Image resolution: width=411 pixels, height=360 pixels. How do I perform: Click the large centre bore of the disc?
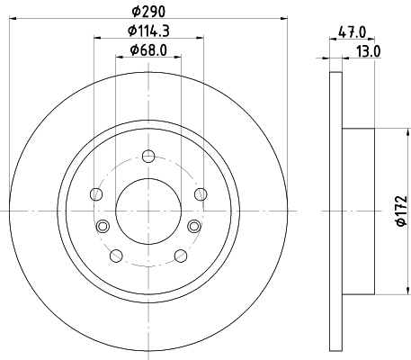pyautogui.click(x=147, y=210)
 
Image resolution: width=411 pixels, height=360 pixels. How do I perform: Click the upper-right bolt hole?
pyautogui.click(x=198, y=193)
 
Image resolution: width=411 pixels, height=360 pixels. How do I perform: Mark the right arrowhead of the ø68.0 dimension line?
pyautogui.click(x=174, y=57)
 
